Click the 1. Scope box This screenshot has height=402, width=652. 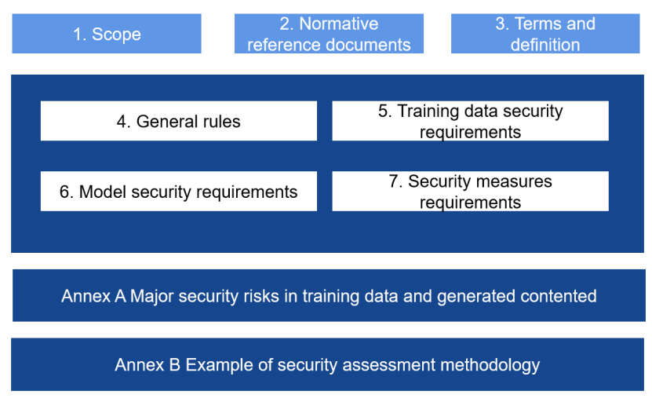point(107,33)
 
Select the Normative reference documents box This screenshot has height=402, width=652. point(329,33)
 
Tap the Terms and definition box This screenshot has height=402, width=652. point(545,33)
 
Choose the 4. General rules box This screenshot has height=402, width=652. point(179,121)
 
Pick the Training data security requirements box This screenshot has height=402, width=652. point(470,121)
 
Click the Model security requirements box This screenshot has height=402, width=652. point(179,191)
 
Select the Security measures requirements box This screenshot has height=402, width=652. point(470,191)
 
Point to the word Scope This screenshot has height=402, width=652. point(116,35)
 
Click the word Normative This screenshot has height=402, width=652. point(339,24)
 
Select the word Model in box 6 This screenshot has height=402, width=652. point(103,192)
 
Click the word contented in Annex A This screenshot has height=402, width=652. point(559,296)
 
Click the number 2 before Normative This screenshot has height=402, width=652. point(285,24)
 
